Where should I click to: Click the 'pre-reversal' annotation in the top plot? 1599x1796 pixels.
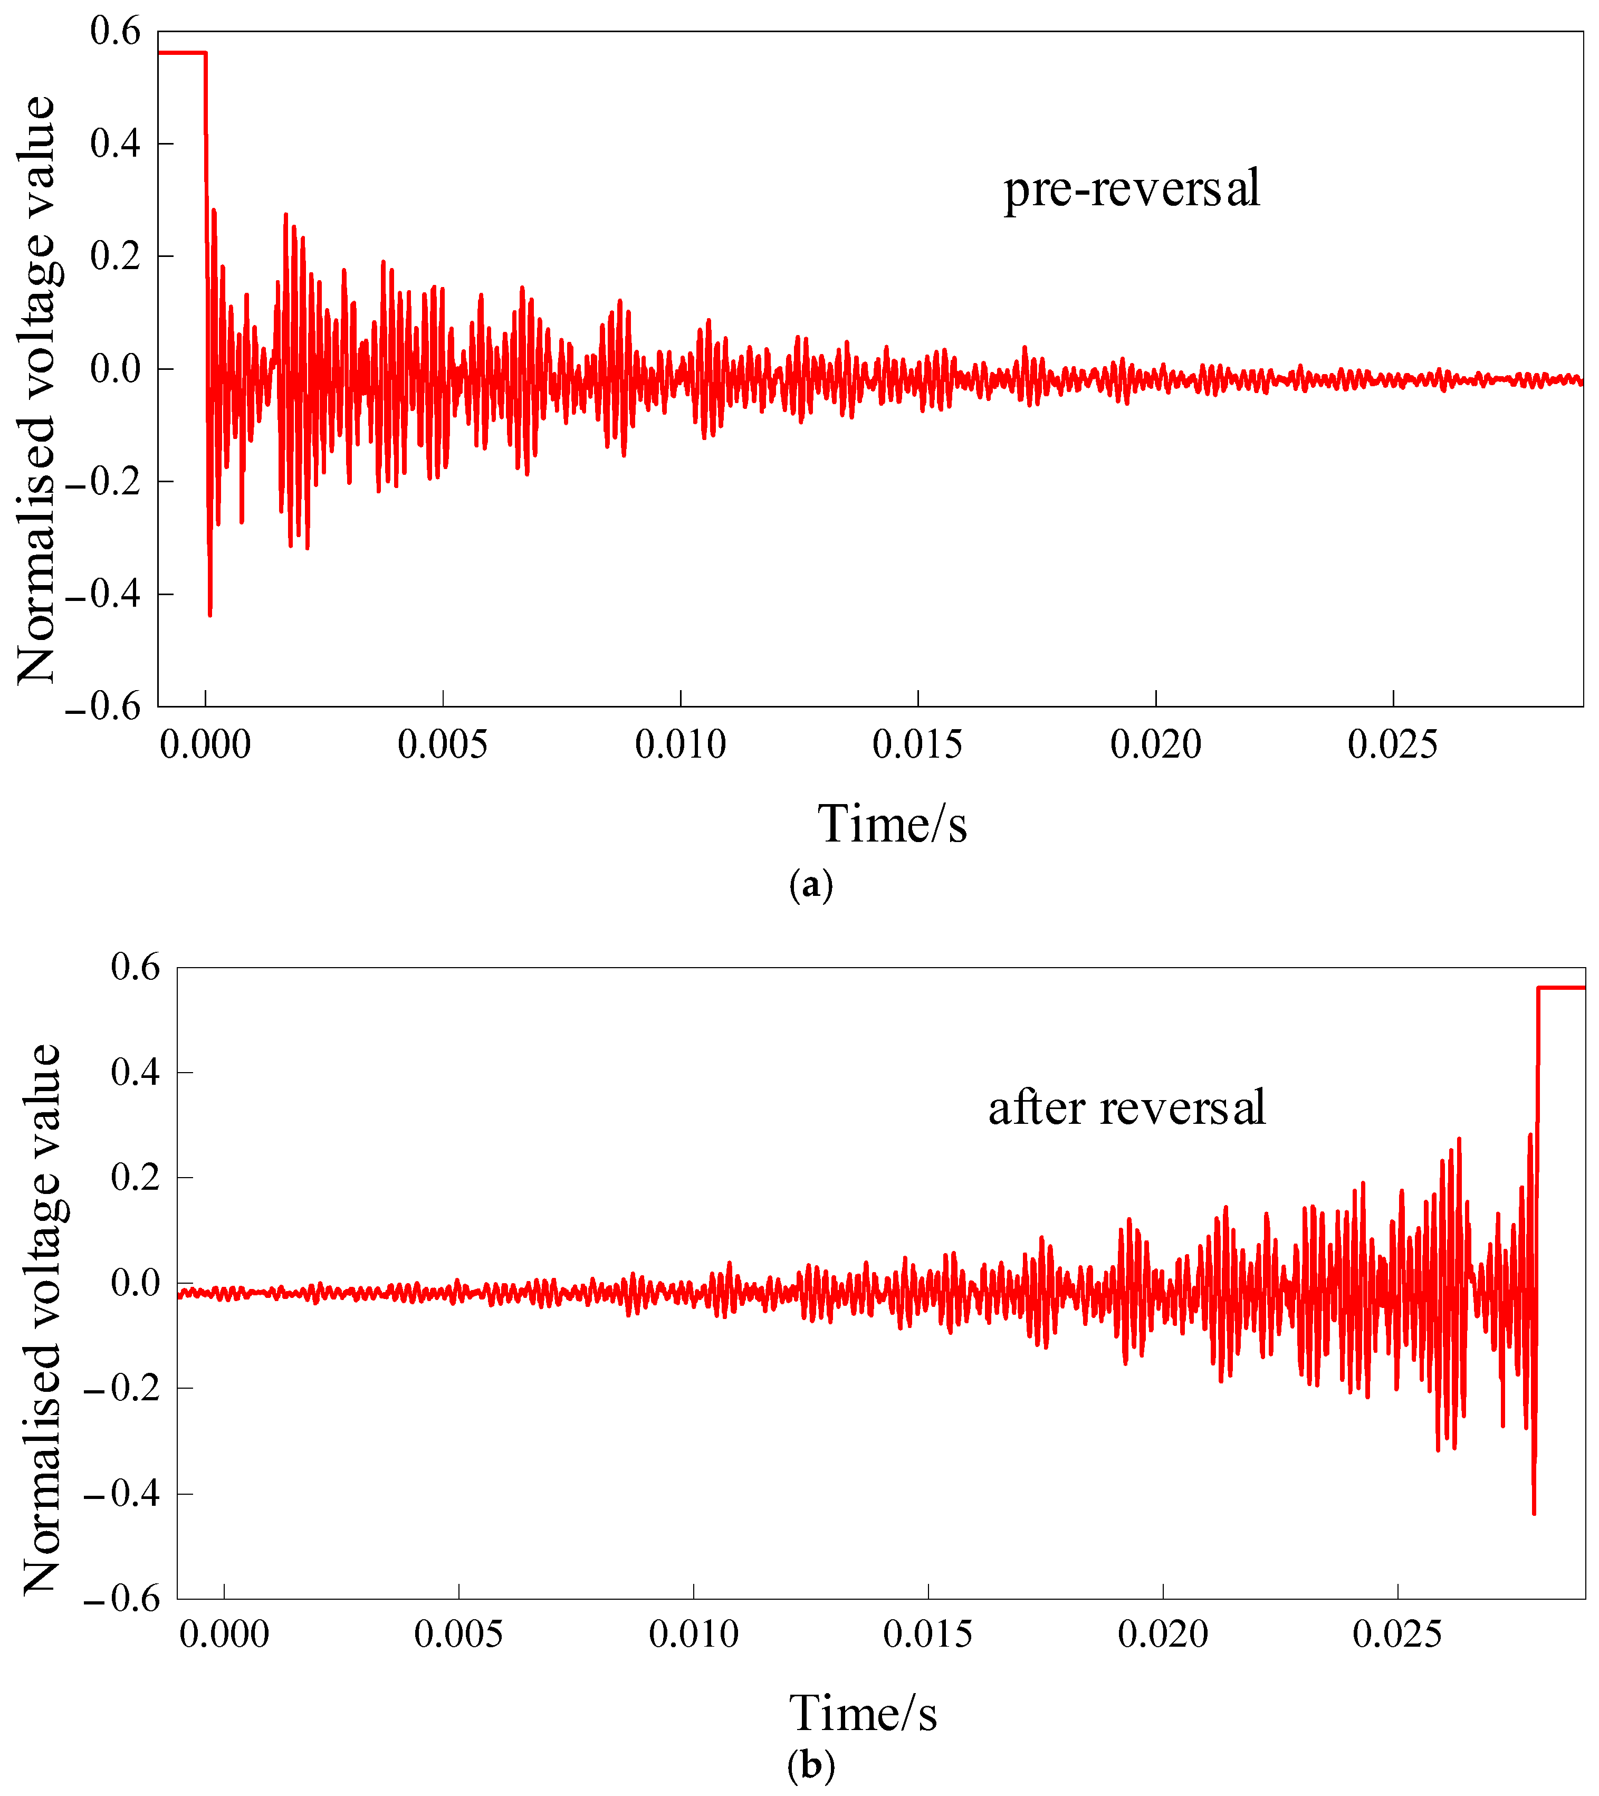(x=1132, y=189)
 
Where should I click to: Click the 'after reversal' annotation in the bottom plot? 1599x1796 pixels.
(x=1126, y=1108)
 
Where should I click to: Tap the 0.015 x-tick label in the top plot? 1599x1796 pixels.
(x=917, y=745)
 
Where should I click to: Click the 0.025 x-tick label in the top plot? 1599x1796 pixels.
(x=1393, y=745)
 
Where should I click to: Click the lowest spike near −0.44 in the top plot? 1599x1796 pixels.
(x=210, y=613)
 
